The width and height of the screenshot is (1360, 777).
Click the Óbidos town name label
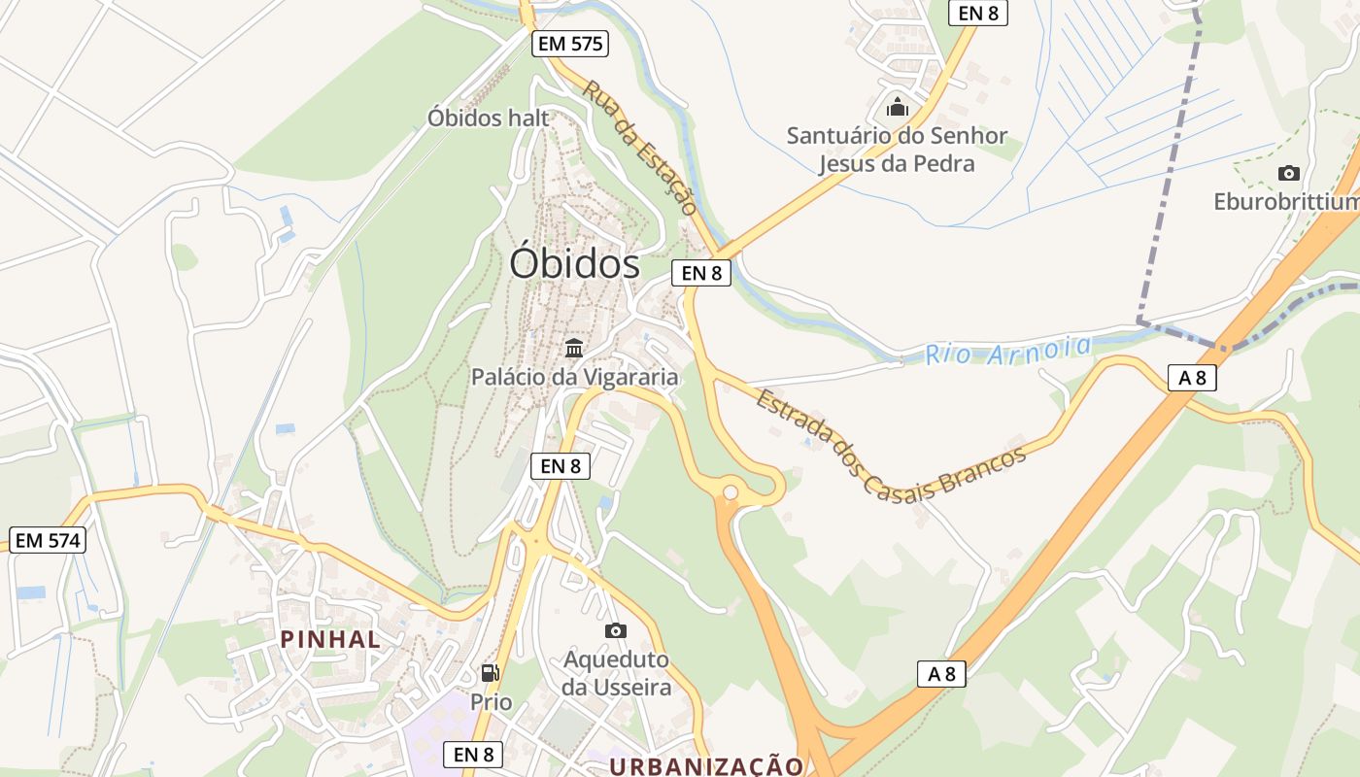point(575,264)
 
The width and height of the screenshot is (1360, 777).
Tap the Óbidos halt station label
point(489,118)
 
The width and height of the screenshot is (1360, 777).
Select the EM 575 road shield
point(570,44)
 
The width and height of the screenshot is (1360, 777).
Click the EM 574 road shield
point(49,541)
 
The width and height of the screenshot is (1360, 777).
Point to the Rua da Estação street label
point(640,148)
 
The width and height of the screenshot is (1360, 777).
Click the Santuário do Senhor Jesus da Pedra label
point(897,150)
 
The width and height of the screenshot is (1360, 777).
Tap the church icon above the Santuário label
point(898,106)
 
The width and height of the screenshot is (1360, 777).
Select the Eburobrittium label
point(1286,202)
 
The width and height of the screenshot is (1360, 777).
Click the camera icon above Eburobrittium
point(1289,174)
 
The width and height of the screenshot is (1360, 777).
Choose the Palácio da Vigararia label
point(574,377)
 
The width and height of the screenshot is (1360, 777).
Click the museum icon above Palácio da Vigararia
point(574,348)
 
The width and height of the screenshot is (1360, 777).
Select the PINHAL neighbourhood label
point(330,639)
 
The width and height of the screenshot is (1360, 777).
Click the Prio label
point(491,701)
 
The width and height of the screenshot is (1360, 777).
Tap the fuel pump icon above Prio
point(491,672)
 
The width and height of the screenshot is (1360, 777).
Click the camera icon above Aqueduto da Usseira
point(616,631)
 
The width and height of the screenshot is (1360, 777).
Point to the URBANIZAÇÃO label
point(706,766)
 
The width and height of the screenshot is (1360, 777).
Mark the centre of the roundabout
point(731,493)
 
